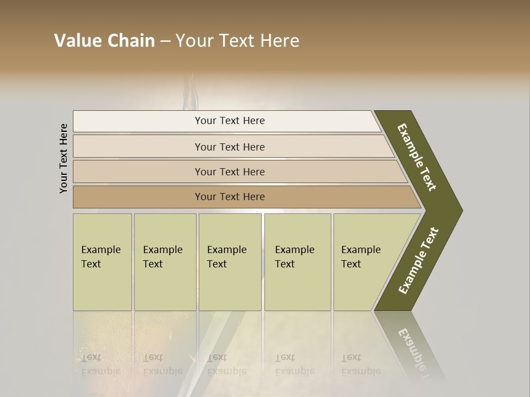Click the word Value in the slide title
click(x=76, y=41)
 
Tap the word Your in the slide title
click(x=195, y=41)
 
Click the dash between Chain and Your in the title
click(x=165, y=41)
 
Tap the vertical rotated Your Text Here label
click(x=63, y=158)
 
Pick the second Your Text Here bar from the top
click(x=230, y=147)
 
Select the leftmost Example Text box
click(x=102, y=262)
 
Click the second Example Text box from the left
click(x=165, y=262)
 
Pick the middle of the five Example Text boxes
click(x=230, y=262)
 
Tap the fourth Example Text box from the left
click(x=297, y=262)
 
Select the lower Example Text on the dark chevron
click(x=418, y=261)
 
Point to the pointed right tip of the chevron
click(x=459, y=210)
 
